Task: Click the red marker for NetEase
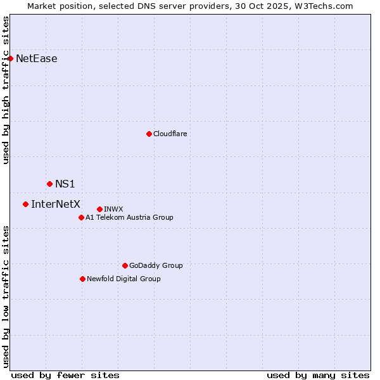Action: [10, 58]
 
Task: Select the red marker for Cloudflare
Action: [149, 134]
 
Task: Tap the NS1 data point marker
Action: [49, 184]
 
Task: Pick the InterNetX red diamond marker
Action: [25, 204]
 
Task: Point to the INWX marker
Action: [99, 209]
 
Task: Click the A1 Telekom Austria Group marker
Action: [81, 217]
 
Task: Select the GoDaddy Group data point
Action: [125, 265]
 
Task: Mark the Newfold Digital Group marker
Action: [82, 279]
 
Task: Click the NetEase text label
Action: [36, 59]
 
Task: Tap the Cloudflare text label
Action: [170, 134]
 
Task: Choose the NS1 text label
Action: [65, 184]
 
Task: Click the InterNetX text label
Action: [56, 204]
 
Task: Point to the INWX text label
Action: [113, 209]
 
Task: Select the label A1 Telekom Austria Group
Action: [129, 217]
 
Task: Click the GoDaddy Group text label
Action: [156, 265]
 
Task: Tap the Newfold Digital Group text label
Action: [123, 279]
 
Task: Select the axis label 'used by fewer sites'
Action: [65, 375]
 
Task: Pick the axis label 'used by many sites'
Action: [318, 375]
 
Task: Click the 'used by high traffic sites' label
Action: [6, 90]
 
